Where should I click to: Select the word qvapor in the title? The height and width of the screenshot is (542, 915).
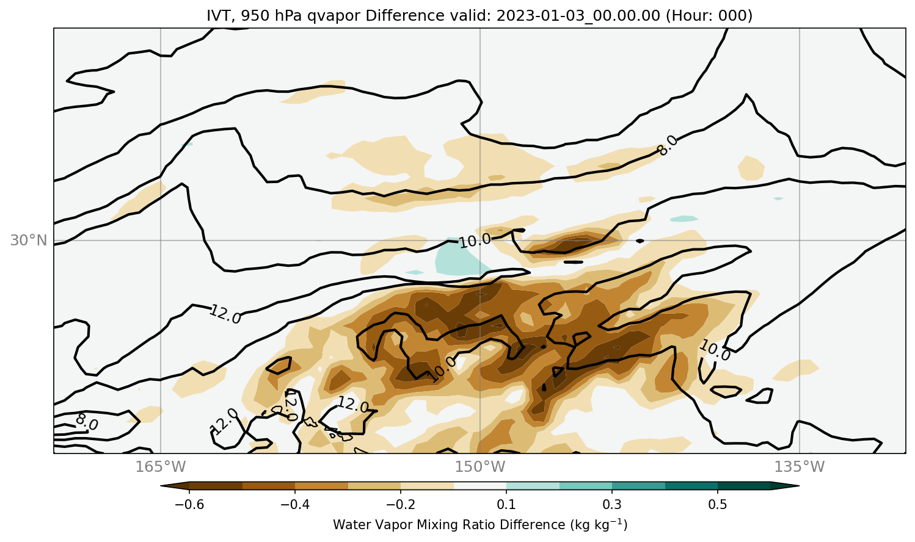334,16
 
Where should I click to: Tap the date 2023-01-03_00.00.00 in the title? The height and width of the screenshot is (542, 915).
578,16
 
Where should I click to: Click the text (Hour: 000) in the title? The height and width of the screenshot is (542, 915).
709,16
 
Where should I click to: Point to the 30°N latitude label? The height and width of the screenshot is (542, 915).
29,240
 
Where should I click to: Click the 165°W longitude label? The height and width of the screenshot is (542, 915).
160,466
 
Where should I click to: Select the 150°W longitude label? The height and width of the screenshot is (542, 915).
480,466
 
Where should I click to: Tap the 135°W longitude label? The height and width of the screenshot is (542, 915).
800,466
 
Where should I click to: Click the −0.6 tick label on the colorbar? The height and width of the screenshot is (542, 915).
189,504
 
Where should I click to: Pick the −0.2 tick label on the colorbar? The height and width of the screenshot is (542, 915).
401,504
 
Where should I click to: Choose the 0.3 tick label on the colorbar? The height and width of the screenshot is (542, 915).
612,504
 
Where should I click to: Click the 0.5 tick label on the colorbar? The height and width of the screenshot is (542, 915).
718,504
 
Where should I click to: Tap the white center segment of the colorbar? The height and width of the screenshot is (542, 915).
480,486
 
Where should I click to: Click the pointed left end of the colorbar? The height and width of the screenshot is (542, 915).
161,486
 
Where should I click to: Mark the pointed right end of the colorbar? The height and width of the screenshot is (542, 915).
799,486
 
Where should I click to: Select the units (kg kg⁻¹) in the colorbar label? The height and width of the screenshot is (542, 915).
599,524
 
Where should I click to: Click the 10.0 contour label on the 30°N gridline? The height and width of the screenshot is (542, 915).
475,241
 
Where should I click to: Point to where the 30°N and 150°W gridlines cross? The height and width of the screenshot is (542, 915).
480,240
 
